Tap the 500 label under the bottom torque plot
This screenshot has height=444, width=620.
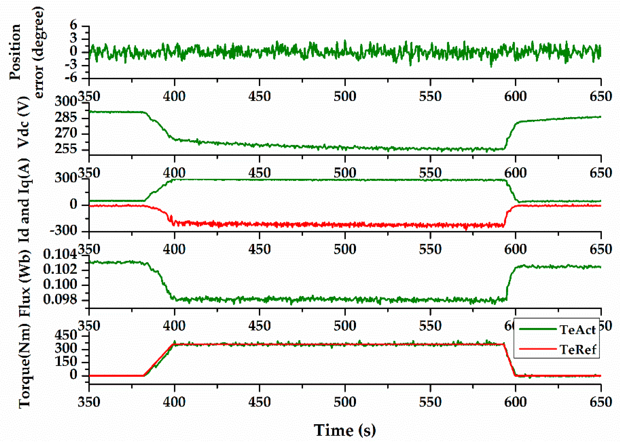(345, 402)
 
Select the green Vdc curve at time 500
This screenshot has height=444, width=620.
(345, 148)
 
